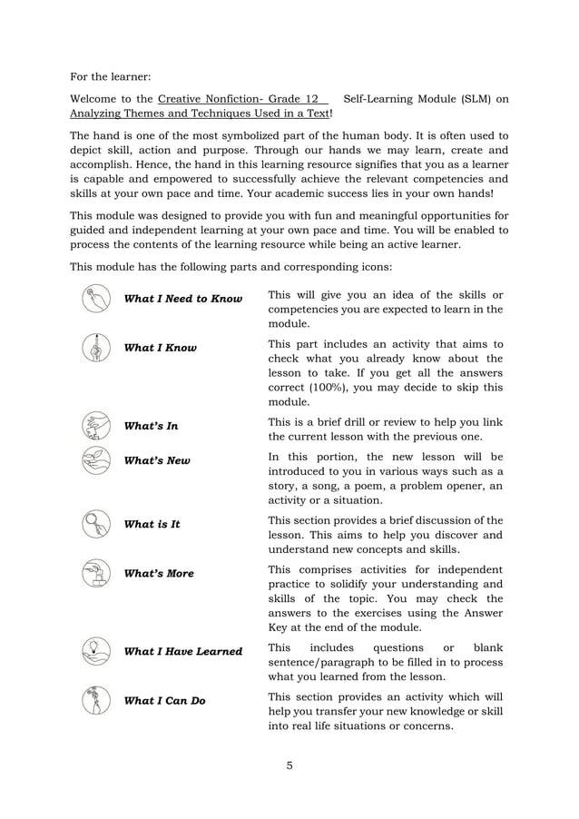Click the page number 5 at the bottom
[x=289, y=765]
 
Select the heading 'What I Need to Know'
[x=182, y=299]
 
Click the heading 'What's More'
[x=158, y=574]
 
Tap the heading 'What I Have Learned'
[x=182, y=651]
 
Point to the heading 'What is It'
[x=152, y=524]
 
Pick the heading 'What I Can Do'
[x=164, y=700]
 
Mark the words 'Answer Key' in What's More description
[x=476, y=614]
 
